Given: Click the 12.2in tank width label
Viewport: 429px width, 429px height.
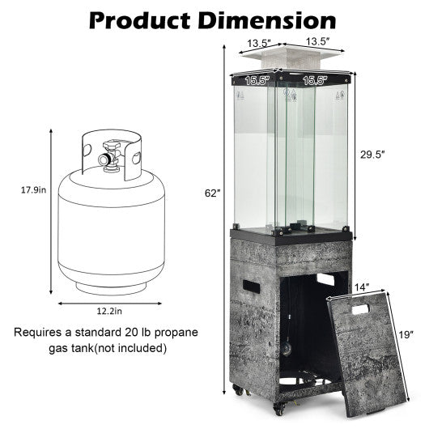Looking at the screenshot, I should [x=107, y=310].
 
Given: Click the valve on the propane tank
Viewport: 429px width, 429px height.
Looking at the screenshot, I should [x=107, y=157].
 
